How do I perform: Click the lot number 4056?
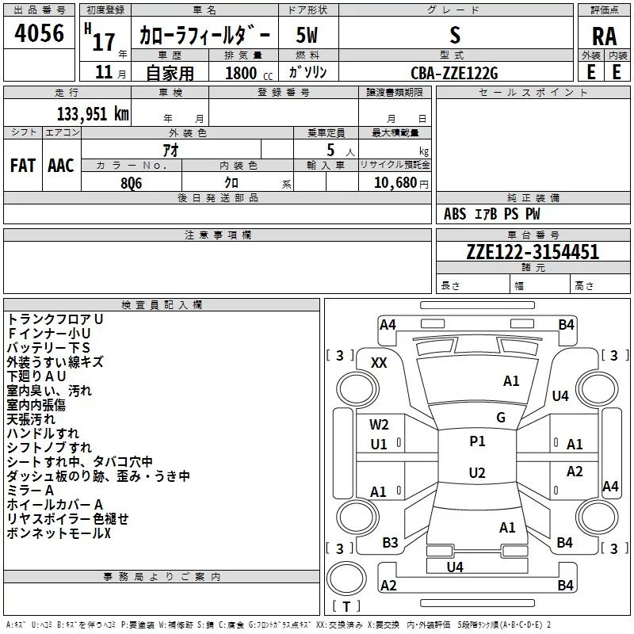(39, 33)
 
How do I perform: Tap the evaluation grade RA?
(604, 36)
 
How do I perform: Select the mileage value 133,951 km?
(93, 113)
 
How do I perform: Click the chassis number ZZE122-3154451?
(533, 251)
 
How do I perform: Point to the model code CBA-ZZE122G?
(454, 73)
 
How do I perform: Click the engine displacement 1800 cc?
(249, 73)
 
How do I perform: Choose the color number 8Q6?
(132, 183)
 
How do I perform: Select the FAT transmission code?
(23, 166)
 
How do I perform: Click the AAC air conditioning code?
(61, 166)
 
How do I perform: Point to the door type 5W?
(307, 36)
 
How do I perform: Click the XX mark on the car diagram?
(379, 363)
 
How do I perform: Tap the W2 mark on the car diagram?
(379, 425)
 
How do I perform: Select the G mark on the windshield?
(501, 417)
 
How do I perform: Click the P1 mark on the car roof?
(477, 441)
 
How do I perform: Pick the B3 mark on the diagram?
(390, 543)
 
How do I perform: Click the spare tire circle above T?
(346, 579)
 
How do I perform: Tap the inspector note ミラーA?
(30, 491)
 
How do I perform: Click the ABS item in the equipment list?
(454, 214)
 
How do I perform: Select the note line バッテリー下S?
(48, 348)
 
